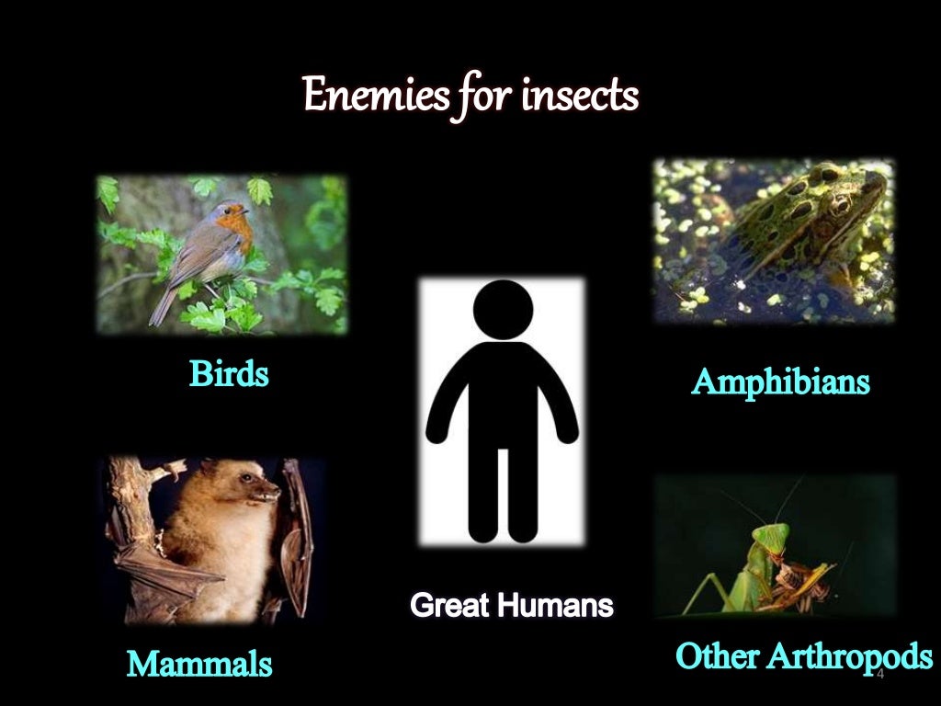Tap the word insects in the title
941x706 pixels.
point(579,95)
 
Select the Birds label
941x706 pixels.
point(229,374)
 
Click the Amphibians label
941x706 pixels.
point(780,381)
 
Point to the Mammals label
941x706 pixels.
point(199,663)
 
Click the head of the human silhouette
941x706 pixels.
point(503,308)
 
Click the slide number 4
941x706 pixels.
point(879,676)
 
